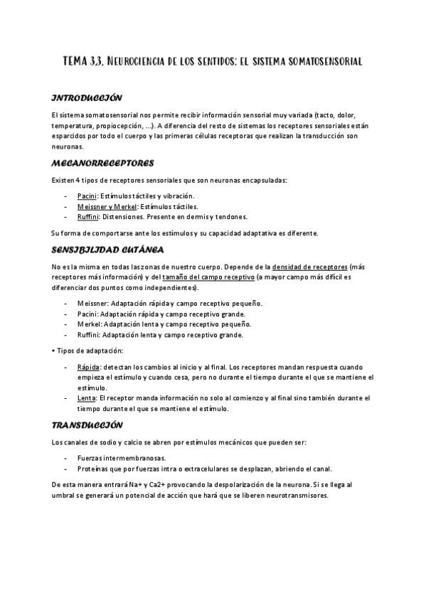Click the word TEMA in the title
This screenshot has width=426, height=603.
pos(76,62)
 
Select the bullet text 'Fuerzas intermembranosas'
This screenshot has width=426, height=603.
pos(121,458)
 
